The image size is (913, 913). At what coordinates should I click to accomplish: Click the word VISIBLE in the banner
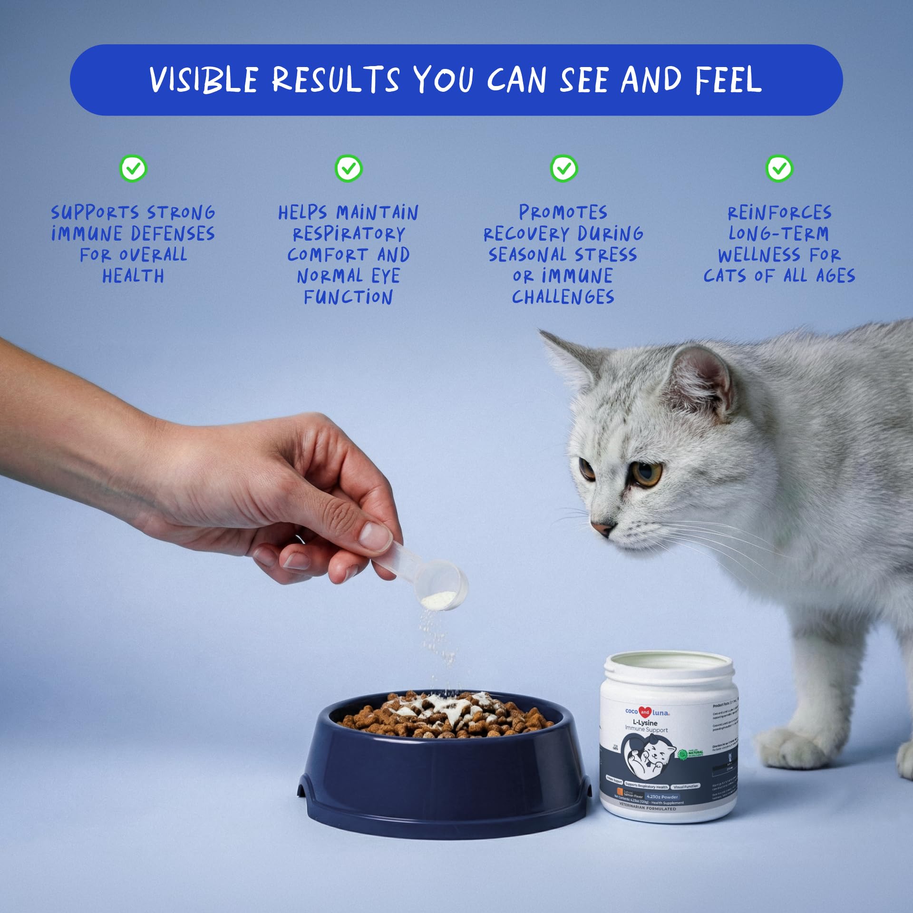pyautogui.click(x=204, y=79)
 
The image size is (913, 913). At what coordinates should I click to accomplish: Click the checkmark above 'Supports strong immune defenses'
pyautogui.click(x=134, y=168)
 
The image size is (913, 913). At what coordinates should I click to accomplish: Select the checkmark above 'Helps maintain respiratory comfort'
pyautogui.click(x=349, y=168)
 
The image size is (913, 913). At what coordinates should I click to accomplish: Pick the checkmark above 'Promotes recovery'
pyautogui.click(x=564, y=168)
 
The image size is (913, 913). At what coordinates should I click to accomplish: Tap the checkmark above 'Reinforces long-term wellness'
pyautogui.click(x=779, y=168)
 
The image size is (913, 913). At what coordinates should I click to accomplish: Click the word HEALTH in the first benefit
pyautogui.click(x=133, y=276)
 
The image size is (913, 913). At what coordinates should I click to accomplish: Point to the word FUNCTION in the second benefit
pyautogui.click(x=349, y=297)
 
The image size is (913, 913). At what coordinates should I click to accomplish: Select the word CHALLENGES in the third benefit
pyautogui.click(x=563, y=297)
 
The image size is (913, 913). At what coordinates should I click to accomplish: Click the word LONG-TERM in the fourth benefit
pyautogui.click(x=779, y=233)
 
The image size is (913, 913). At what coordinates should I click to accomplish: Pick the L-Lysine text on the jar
pyautogui.click(x=645, y=723)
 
